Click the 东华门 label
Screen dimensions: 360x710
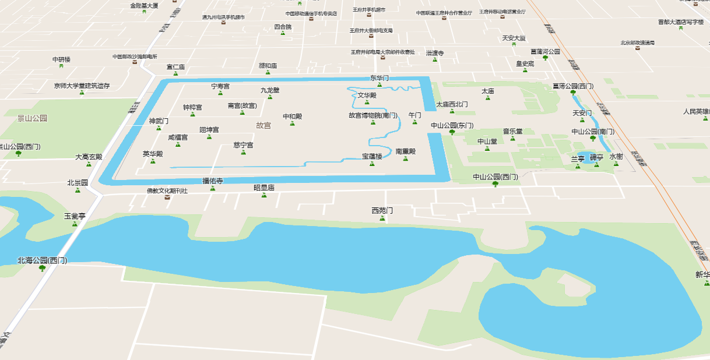click(379, 77)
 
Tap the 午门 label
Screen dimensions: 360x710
click(414, 115)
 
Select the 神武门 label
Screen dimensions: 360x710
click(159, 121)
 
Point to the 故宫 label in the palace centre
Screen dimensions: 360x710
click(263, 125)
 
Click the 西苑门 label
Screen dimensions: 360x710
click(382, 210)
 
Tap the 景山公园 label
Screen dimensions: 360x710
click(32, 118)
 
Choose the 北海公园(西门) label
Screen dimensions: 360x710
click(42, 260)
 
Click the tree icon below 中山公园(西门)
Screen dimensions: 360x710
click(495, 184)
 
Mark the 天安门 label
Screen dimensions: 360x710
click(582, 113)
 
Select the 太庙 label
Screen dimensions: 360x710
click(488, 91)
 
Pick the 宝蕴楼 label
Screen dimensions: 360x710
click(372, 156)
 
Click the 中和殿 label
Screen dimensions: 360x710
click(293, 117)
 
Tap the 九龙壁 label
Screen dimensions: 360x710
click(270, 90)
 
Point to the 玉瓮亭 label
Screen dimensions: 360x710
click(75, 216)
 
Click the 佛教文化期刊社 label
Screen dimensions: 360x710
click(167, 190)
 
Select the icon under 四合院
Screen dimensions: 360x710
click(283, 34)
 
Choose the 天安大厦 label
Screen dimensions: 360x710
click(514, 38)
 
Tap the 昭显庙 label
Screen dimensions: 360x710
click(264, 188)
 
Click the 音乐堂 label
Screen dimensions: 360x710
click(513, 132)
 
